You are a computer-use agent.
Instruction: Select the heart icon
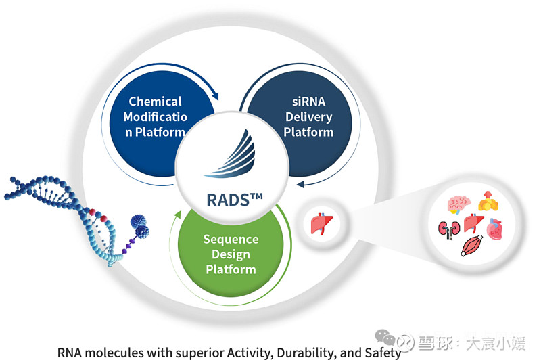(x=496, y=231)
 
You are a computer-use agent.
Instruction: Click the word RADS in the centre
(x=233, y=200)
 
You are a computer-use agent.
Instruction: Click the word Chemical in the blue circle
(x=156, y=102)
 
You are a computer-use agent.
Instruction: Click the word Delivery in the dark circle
(x=308, y=116)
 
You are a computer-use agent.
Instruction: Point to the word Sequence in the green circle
(x=231, y=240)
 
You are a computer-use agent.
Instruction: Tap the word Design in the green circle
(x=231, y=254)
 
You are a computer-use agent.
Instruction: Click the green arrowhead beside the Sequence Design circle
(x=179, y=215)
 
